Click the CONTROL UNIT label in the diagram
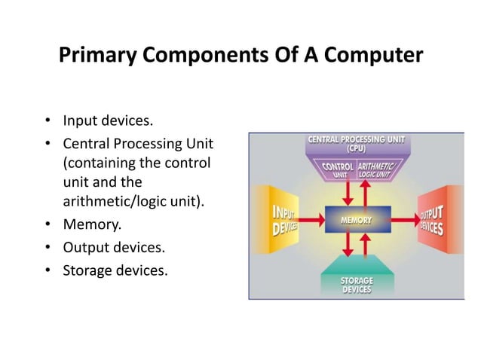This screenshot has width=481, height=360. pyautogui.click(x=338, y=169)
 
